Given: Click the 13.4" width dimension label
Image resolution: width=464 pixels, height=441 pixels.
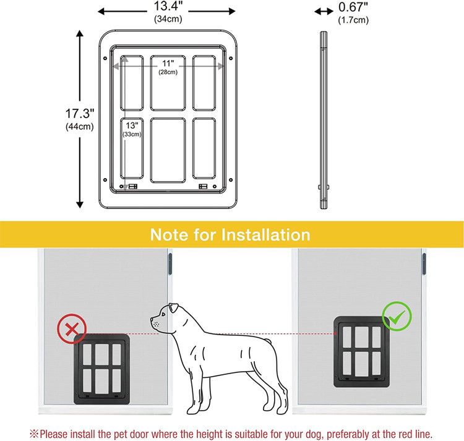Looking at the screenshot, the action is click(168, 6).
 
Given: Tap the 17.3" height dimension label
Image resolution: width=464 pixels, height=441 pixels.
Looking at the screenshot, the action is click(80, 114).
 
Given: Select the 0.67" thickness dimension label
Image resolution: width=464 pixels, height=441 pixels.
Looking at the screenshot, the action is click(353, 7).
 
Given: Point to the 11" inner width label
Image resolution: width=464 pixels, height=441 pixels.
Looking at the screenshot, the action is click(168, 64).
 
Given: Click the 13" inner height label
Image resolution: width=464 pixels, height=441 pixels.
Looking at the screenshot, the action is click(132, 126).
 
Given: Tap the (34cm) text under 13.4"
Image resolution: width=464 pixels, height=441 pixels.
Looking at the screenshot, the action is click(168, 19).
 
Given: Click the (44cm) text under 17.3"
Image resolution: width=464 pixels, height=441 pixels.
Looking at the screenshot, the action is click(80, 127).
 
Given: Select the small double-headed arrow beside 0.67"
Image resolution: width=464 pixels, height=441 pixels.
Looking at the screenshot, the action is click(324, 12).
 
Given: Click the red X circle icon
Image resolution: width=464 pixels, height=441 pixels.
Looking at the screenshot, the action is click(72, 329).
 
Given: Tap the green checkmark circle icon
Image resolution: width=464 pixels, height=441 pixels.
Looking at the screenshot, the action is click(397, 317).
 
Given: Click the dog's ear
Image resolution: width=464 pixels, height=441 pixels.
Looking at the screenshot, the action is click(173, 308).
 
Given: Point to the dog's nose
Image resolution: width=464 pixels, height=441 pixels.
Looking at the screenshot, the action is click(152, 319).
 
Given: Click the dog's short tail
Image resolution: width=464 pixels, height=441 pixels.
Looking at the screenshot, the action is click(267, 341).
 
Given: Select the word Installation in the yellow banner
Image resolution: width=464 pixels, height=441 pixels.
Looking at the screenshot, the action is click(266, 235).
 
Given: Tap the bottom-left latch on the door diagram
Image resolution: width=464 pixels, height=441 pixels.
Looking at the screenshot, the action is click(133, 186).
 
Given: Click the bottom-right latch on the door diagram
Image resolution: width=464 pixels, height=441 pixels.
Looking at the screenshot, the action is click(203, 186).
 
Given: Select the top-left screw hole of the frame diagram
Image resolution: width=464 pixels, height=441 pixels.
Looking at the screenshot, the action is click(105, 58).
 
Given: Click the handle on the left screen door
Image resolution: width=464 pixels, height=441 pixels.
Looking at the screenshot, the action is click(170, 263).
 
